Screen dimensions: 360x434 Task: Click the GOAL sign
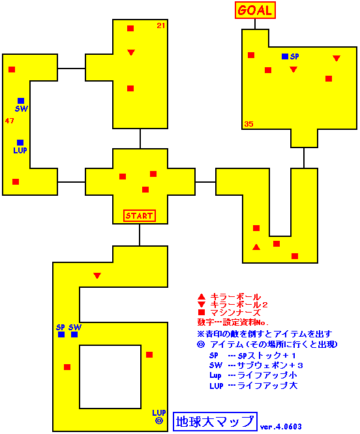point(255,10)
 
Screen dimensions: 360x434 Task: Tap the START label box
point(140,216)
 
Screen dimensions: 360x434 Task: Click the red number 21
point(161,25)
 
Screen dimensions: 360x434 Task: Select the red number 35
point(248,124)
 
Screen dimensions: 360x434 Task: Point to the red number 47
point(9,121)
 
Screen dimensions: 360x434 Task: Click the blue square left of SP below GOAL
point(285,57)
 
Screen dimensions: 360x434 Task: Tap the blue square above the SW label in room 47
point(21,101)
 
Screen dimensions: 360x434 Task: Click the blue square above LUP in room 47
point(20,142)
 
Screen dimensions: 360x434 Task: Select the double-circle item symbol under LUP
point(159,421)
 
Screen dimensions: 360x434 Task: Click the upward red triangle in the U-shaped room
point(256,247)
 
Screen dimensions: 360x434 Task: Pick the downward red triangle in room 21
point(131,52)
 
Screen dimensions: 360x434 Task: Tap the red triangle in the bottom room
point(97,275)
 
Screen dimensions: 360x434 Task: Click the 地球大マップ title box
point(215,422)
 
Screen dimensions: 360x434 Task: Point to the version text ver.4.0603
point(280,427)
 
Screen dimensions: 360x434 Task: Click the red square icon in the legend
point(202,313)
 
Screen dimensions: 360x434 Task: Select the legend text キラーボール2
point(239,305)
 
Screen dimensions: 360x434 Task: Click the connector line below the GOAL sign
point(255,24)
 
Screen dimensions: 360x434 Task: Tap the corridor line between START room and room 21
point(140,138)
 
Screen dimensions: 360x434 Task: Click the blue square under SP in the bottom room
point(61,334)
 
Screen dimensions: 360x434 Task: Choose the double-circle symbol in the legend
point(201,345)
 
